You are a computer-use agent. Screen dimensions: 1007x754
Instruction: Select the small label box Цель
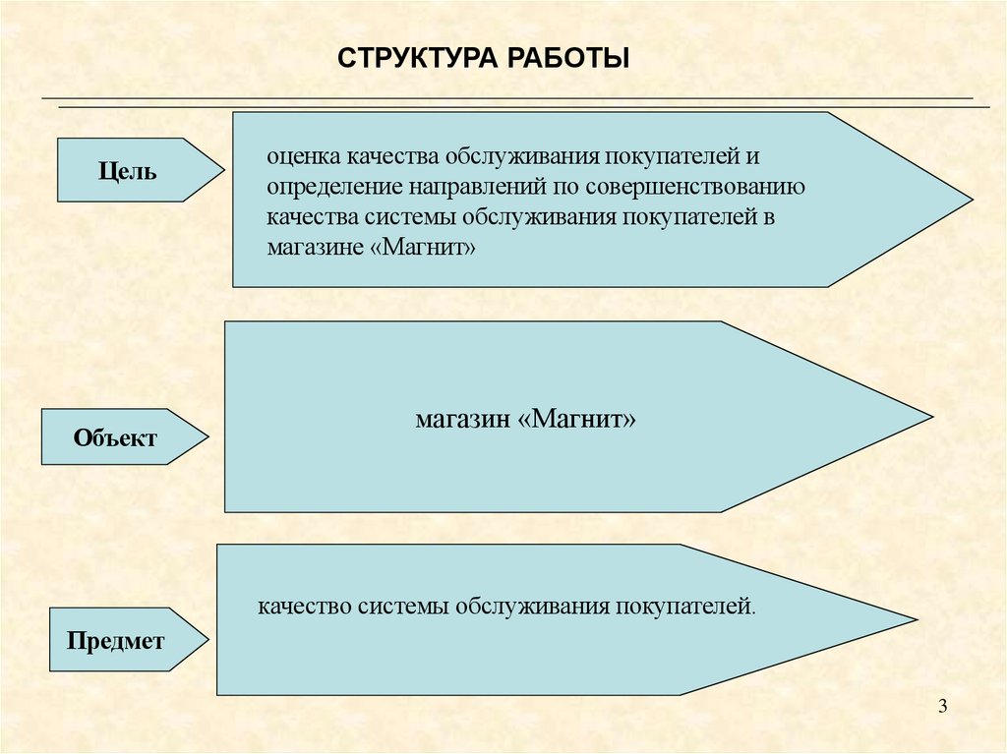pyautogui.click(x=128, y=170)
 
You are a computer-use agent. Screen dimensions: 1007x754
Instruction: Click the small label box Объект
pyautogui.click(x=115, y=437)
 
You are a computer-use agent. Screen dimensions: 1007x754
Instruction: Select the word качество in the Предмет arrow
pyautogui.click(x=305, y=606)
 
